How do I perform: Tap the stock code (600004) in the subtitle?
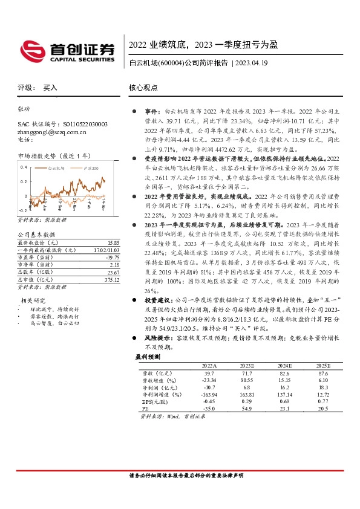coord(168,62)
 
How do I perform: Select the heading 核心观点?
coord(143,87)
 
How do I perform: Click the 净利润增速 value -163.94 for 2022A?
coord(207,394)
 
